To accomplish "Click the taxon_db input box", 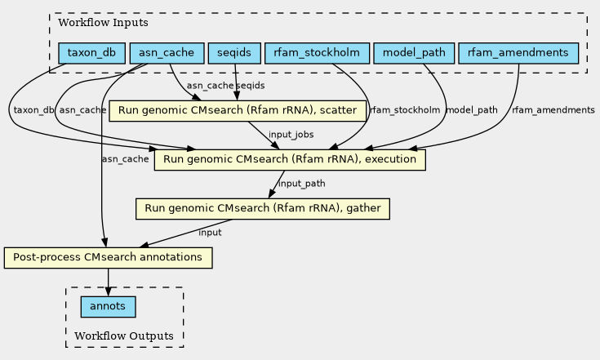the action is coord(91,53).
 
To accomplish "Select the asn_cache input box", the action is coord(167,53).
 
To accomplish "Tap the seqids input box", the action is coord(234,53).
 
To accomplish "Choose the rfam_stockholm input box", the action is coord(317,53).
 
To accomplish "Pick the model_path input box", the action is coord(414,53).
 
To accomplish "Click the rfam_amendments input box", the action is coord(518,53).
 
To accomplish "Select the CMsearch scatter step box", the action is coord(238,111).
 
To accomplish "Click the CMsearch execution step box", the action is coord(290,160).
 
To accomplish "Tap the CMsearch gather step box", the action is coord(263,209).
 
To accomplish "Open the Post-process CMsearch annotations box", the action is coord(108,258).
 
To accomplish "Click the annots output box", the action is coord(108,307).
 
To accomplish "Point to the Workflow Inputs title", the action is coord(103,23).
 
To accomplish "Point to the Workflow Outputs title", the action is coord(124,336).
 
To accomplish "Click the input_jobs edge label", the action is coord(291,135).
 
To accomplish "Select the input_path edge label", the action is coord(301,184).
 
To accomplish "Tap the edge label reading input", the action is coord(210,233).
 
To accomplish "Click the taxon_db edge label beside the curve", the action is coord(33,110).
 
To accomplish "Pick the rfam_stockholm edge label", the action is coord(405,110).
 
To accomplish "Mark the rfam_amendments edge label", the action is coord(553,110).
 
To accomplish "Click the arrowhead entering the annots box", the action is coord(108,292).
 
